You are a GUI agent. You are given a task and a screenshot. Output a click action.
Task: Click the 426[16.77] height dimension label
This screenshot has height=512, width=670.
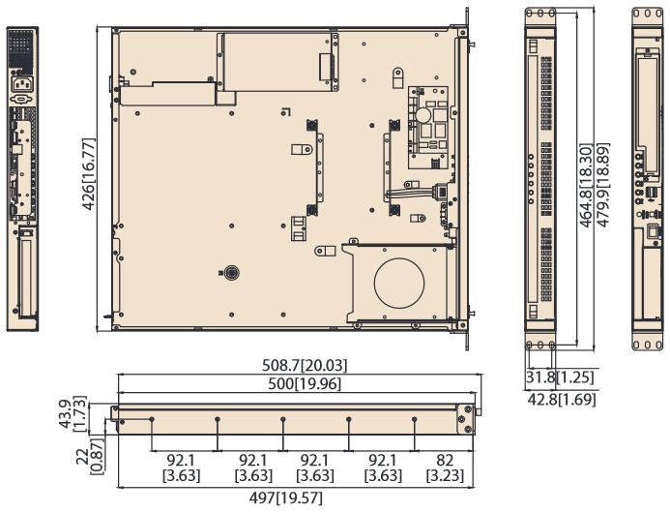[89, 174]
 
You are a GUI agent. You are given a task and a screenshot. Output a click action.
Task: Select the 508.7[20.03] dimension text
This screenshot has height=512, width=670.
[305, 366]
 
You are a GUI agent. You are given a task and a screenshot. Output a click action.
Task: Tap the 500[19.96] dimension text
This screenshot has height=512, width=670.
[305, 384]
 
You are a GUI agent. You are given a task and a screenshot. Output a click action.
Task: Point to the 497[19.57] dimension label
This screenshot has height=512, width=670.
[286, 497]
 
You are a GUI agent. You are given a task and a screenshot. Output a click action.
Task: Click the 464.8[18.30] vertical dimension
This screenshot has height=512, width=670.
[586, 185]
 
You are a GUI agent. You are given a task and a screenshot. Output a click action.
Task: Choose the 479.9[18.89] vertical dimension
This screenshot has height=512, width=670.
[603, 185]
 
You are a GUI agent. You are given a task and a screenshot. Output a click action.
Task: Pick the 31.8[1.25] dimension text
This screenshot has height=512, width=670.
[560, 377]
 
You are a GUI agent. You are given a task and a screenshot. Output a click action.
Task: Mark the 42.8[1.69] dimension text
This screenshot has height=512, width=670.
[561, 400]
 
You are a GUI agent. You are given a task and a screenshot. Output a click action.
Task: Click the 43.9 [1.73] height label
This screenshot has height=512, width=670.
[73, 414]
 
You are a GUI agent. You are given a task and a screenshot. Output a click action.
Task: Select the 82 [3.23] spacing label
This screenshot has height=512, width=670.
[445, 467]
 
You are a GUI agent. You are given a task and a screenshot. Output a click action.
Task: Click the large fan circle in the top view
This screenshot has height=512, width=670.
[399, 283]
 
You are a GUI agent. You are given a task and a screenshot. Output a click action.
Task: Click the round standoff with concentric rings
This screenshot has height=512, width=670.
[232, 273]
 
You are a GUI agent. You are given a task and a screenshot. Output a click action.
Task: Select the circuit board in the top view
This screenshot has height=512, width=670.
[428, 127]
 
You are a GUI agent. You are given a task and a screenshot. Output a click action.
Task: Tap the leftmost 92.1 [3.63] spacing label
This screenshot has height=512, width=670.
[181, 467]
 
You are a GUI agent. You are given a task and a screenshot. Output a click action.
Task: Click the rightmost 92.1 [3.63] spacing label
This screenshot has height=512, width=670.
[383, 467]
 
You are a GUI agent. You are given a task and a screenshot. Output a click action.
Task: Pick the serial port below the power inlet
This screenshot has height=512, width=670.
[20, 100]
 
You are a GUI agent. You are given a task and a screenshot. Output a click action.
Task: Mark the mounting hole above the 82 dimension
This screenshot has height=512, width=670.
[414, 419]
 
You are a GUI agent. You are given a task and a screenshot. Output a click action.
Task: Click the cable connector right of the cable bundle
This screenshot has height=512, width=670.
[442, 191]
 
